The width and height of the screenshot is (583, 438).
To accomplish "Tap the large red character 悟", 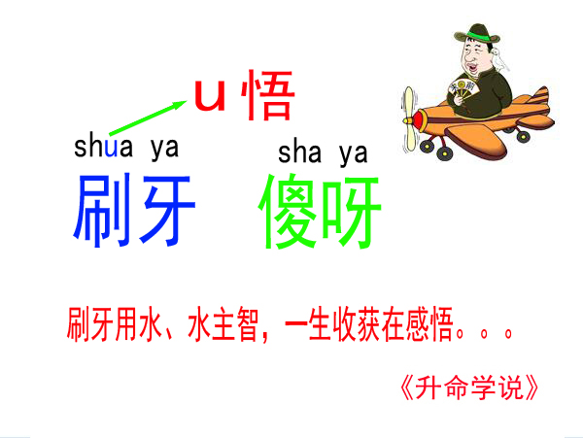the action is pos(268,95).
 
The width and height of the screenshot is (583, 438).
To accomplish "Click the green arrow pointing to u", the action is pos(148,117).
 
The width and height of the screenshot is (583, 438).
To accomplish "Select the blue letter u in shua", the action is pos(111,148).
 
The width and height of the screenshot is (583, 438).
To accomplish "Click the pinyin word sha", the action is pos(299,152).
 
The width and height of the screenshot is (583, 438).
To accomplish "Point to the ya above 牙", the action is pos(164,149).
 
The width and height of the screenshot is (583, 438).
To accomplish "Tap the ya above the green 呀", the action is pos(353,153).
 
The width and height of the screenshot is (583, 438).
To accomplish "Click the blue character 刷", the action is pos(102,210).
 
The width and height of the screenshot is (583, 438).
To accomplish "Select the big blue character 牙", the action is pos(166,210).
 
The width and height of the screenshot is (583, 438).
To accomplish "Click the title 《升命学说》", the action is pos(469,387).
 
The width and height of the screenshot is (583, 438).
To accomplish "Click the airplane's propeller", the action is pos(409,118).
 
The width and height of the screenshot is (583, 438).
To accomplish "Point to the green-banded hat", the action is pos(477,34).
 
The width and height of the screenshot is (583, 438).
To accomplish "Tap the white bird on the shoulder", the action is pos(499,59).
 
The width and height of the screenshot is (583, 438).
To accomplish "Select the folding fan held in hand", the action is pos(463,90).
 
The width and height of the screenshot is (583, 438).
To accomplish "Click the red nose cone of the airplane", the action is pos(418,120).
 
